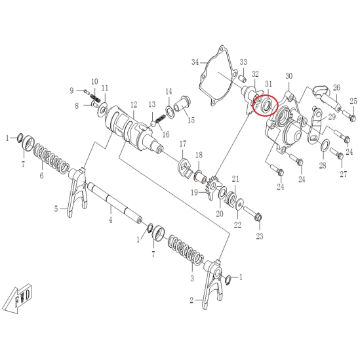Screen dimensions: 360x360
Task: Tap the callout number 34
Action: [195, 62]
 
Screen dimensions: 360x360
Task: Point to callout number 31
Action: [268, 84]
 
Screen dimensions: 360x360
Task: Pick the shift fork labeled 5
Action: [77, 191]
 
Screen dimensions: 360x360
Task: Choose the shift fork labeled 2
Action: [213, 284]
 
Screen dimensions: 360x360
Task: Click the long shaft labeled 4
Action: [114, 201]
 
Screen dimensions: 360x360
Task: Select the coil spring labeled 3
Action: [186, 250]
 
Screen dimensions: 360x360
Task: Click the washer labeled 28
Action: [325, 145]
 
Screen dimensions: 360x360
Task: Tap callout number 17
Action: [183, 144]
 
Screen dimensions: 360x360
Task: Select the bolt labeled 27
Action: [336, 154]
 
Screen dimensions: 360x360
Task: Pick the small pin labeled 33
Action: [243, 78]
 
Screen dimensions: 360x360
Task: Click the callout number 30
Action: [289, 76]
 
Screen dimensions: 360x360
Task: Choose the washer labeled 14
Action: [169, 111]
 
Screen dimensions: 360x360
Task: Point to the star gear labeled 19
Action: [213, 187]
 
